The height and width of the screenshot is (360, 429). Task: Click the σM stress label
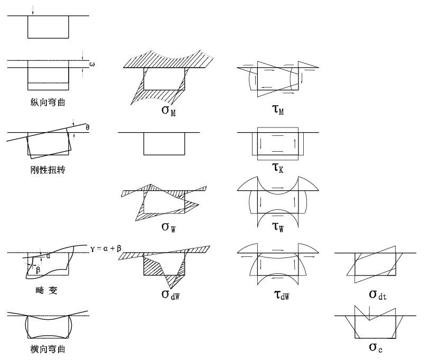pos(169,111)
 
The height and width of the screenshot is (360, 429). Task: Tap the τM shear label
pos(278,110)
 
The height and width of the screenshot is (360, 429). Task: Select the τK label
pos(278,168)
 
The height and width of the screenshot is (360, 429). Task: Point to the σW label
pos(169,227)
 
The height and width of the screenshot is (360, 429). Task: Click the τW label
pos(278,227)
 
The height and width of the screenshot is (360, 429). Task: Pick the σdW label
pos(171,295)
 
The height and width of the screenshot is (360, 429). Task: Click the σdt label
pos(378,295)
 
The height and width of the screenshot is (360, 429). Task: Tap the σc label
pos(376,348)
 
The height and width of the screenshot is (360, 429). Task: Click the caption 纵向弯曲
pos(48,103)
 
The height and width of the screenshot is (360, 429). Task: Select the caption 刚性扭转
pos(48,170)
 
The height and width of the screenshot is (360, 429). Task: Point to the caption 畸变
pos(46,290)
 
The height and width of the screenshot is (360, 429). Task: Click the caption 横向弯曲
pos(48,349)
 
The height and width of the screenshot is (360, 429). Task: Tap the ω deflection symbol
pos(92,64)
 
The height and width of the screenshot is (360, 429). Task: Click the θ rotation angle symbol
pos(87,127)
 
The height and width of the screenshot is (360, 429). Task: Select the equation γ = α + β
pos(106,248)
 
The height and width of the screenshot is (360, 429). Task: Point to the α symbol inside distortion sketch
pos(48,256)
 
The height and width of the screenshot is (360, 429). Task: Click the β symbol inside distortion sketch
pos(38,270)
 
